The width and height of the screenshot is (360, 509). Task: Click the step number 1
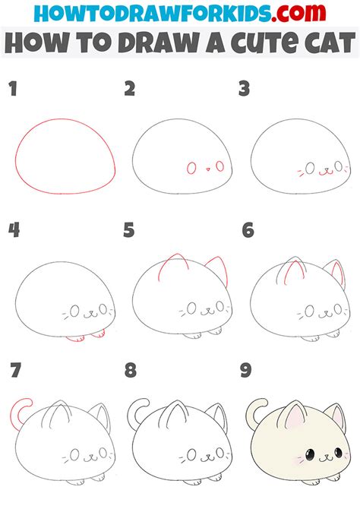13,90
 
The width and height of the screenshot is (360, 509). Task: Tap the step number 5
129,229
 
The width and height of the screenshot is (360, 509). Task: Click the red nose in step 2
206,169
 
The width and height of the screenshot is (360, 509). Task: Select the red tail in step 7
17,411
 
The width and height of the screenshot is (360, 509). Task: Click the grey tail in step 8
134,411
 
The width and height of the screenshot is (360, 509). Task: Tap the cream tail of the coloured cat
251,411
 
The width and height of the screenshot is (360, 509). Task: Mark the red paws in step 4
84,335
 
